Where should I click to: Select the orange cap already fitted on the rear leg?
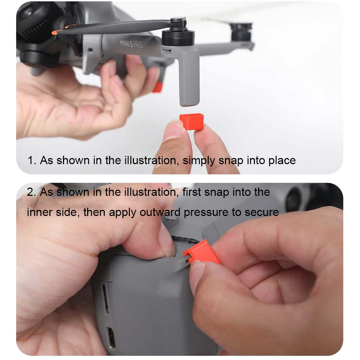coord(157,87)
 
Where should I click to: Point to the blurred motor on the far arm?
coord(241,30)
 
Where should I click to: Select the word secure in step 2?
coord(262,212)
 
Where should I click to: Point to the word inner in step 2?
coord(39,212)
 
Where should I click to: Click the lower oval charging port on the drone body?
coord(112,337)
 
